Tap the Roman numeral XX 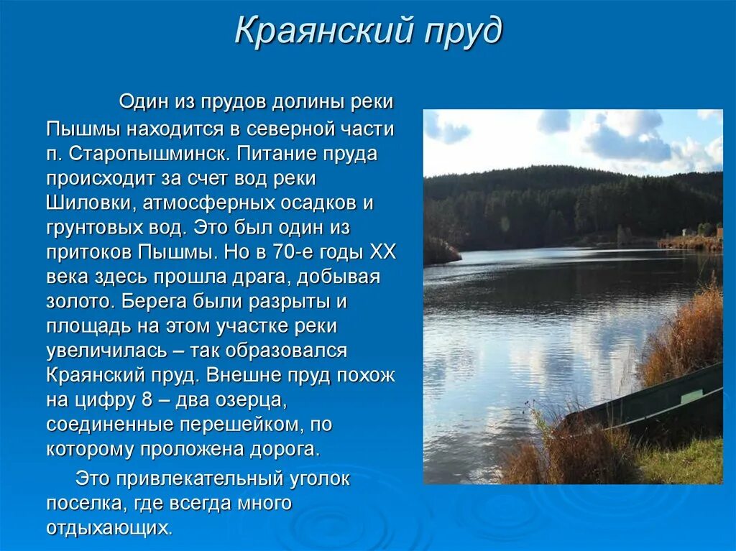pyautogui.click(x=382, y=252)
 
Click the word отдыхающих pyautogui.click(x=109, y=528)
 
